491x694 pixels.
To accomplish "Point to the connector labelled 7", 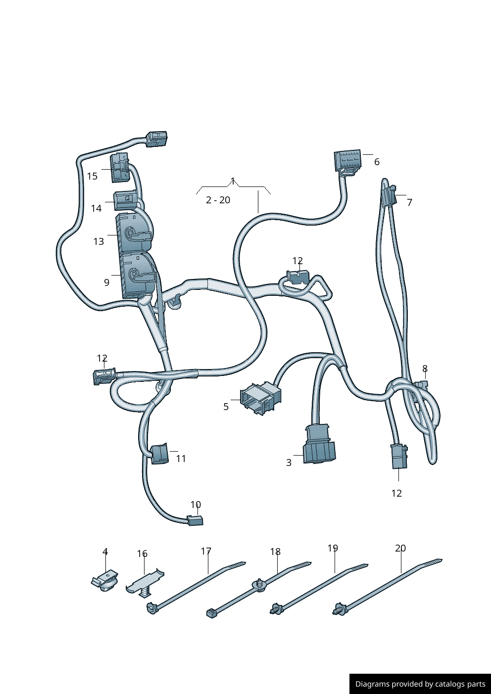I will point(389,196).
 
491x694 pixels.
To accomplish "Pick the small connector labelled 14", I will point(125,201).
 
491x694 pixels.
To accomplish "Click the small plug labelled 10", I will point(195,520).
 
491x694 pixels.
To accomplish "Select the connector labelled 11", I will point(159,454).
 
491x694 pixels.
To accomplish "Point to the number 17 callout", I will point(206,551).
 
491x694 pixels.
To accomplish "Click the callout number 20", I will point(400,548).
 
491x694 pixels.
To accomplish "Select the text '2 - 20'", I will point(218,200).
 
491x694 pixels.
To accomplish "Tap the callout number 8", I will point(425,369).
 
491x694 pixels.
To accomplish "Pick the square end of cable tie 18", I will point(211,613).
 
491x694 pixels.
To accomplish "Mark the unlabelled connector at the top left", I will point(156,138).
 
